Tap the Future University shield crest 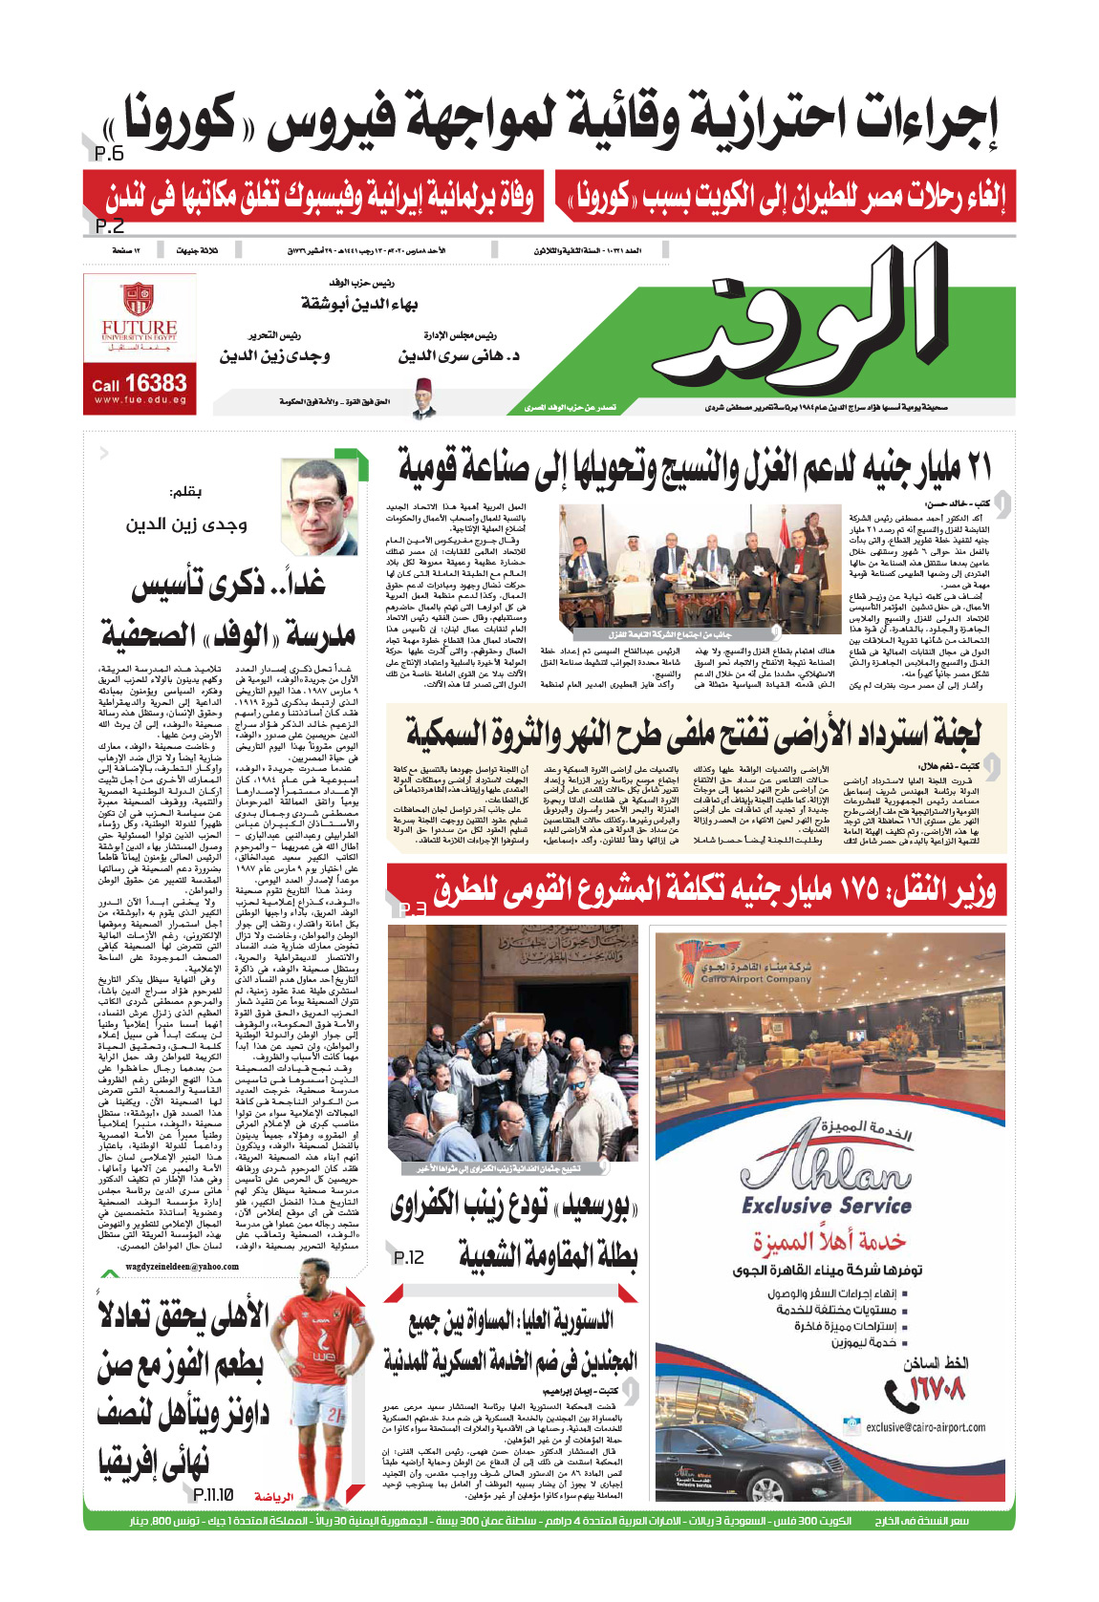pyautogui.click(x=139, y=299)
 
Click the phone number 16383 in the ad pyautogui.click(x=156, y=383)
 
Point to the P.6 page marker pyautogui.click(x=109, y=154)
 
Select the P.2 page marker pyautogui.click(x=109, y=226)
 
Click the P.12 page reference pyautogui.click(x=408, y=1257)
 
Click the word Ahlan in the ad pyautogui.click(x=824, y=1167)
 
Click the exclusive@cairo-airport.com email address pyautogui.click(x=925, y=1427)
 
